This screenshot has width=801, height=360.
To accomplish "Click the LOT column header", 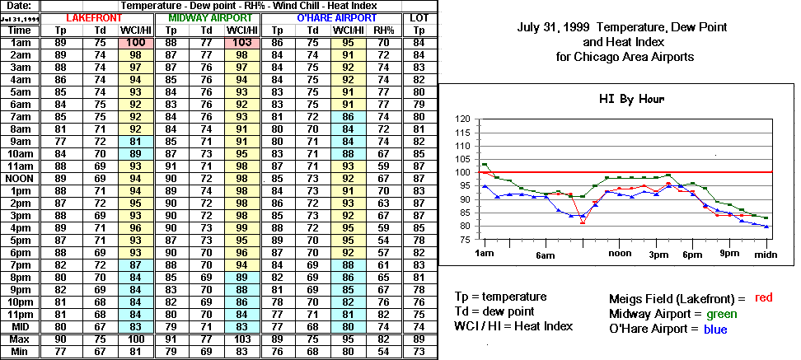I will click(419, 17).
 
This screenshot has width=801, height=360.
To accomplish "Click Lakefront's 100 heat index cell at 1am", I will click(137, 42).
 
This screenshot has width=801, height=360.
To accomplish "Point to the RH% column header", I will click(383, 30).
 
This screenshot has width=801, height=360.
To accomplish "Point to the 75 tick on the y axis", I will click(464, 240).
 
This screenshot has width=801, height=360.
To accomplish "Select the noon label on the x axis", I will click(619, 254).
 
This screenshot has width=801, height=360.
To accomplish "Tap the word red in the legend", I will click(764, 297).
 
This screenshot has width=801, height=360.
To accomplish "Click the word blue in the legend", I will click(714, 330).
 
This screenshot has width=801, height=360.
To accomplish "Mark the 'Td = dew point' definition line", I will click(494, 311).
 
